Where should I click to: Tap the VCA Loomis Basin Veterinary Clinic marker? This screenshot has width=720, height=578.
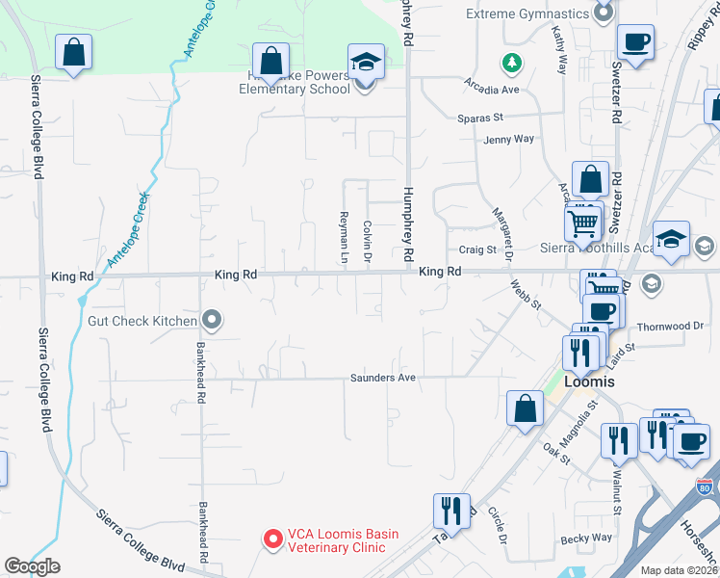pyautogui.click(x=272, y=539)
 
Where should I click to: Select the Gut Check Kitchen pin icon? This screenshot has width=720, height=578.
pyautogui.click(x=214, y=321)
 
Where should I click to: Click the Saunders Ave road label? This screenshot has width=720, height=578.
pyautogui.click(x=382, y=378)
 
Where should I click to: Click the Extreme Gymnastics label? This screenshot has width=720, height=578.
pyautogui.click(x=527, y=13)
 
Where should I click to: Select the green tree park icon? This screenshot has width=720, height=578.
pyautogui.click(x=512, y=64)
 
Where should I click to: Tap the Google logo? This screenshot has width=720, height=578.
pyautogui.click(x=32, y=566)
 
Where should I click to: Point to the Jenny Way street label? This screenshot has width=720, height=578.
pyautogui.click(x=509, y=140)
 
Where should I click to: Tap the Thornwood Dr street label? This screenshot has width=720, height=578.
pyautogui.click(x=670, y=327)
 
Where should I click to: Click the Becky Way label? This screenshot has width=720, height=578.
pyautogui.click(x=587, y=538)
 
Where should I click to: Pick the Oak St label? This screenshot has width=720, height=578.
pyautogui.click(x=556, y=452)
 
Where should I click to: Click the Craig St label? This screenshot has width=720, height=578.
pyautogui.click(x=476, y=250)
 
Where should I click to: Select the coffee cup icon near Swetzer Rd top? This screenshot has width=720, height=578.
pyautogui.click(x=636, y=42)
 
